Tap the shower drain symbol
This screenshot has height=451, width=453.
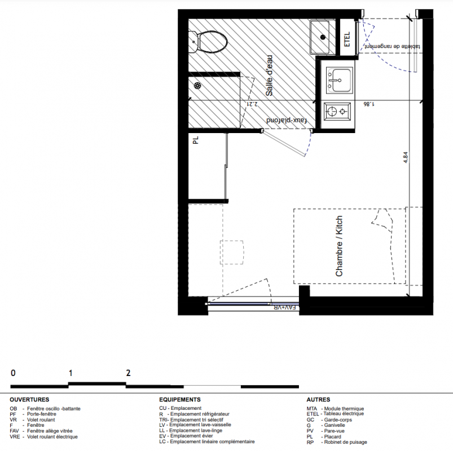(x=197, y=86)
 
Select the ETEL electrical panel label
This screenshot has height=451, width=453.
(x=347, y=39)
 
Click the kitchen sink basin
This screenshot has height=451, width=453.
(x=340, y=81)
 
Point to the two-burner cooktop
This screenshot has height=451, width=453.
(x=337, y=111)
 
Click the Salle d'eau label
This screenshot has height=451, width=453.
(x=269, y=76)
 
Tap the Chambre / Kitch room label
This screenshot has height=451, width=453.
(x=339, y=246)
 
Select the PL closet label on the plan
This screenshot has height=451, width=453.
(x=196, y=140)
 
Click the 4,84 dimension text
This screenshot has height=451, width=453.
(x=406, y=158)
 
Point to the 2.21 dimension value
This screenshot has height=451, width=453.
(x=252, y=104)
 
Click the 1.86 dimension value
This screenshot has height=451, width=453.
(x=369, y=104)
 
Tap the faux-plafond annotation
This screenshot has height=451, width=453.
(x=287, y=120)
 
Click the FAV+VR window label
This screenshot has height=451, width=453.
(x=285, y=308)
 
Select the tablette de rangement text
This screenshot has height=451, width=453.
(x=392, y=46)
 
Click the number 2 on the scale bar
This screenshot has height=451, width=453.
(x=128, y=373)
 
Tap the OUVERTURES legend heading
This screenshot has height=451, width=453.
(x=29, y=400)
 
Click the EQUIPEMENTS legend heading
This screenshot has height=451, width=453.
(x=180, y=400)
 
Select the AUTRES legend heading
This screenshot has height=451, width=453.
(x=318, y=400)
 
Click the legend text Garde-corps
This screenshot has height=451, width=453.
(x=338, y=420)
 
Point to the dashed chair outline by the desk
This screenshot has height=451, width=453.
(x=231, y=252)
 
